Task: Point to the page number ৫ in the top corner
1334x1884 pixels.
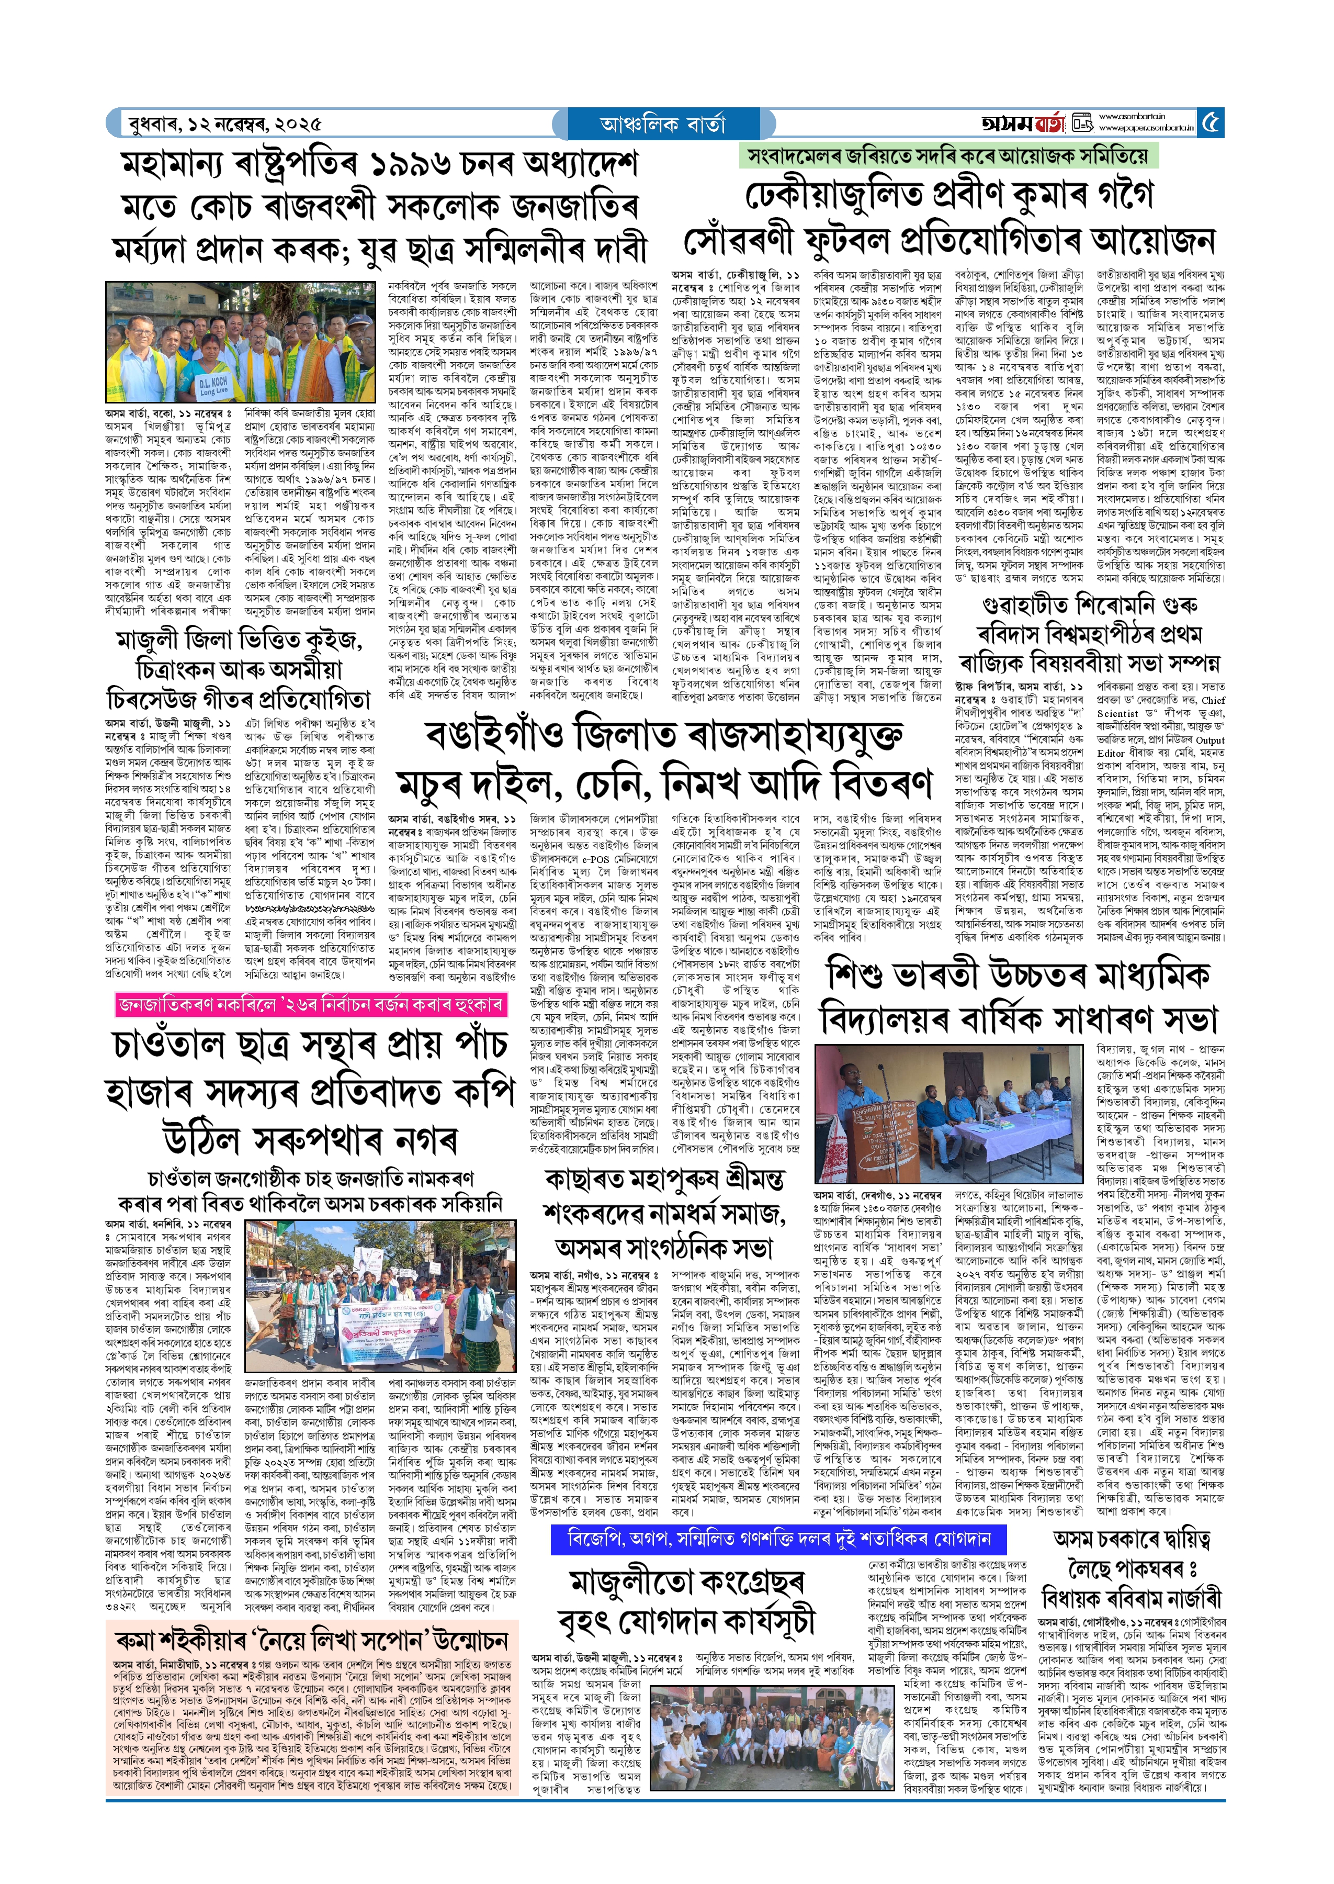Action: (x=1211, y=123)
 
